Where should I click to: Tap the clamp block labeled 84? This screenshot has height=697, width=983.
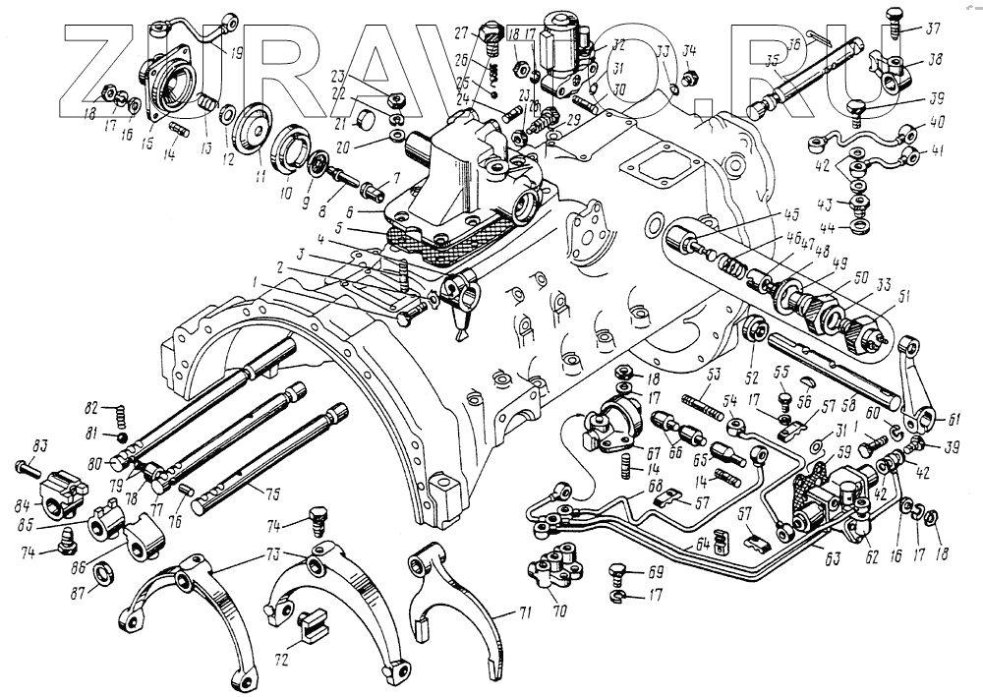[x=62, y=488]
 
